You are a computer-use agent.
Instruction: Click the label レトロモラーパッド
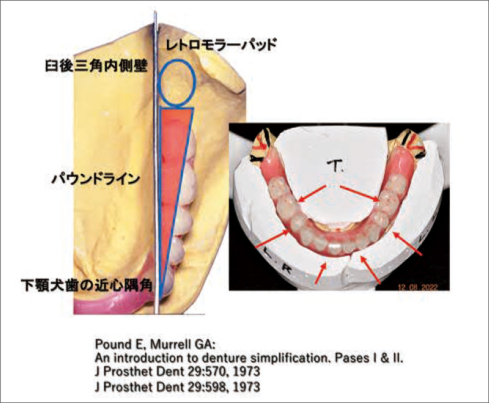(x=221, y=45)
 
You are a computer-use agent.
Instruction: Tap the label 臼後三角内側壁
(x=97, y=66)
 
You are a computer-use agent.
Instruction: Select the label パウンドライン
(x=95, y=179)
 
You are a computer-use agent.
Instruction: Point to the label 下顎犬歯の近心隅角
(x=87, y=285)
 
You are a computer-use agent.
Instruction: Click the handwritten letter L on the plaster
(x=269, y=252)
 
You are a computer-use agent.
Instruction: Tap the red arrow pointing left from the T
(x=312, y=194)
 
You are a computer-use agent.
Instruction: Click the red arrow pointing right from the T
(x=360, y=193)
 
